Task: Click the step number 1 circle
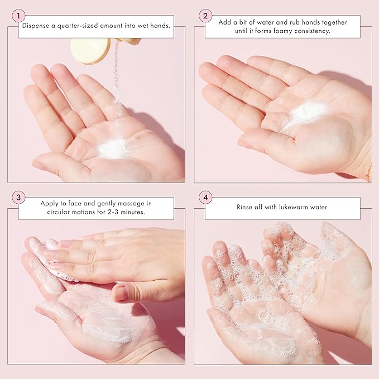19,16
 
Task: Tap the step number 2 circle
205,16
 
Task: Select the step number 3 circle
19,197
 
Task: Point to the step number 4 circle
205,197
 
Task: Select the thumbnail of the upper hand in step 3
120,292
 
